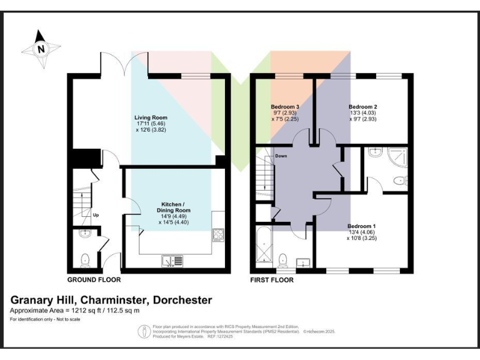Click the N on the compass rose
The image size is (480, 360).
pos(41,49)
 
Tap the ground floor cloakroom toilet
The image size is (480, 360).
pos(85,257)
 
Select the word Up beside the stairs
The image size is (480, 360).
pos(96,216)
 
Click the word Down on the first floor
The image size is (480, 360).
pos(281,156)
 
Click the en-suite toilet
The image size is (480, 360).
pos(400,181)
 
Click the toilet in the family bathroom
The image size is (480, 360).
pos(282,258)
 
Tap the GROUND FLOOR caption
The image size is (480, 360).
pos(94,280)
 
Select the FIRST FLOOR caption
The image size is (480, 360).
pos(271,280)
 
